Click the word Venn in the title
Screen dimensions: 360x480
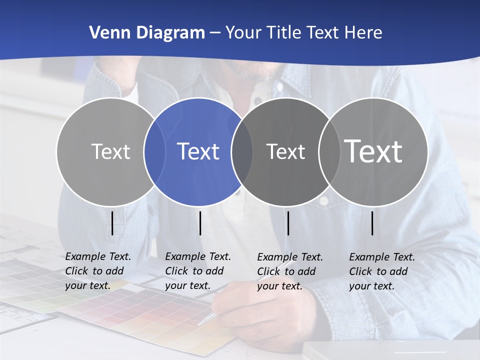pyautogui.click(x=108, y=33)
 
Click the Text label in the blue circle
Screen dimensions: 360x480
pyautogui.click(x=198, y=151)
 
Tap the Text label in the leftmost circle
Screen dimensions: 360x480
pyautogui.click(x=110, y=151)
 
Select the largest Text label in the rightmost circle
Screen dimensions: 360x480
pyautogui.click(x=373, y=151)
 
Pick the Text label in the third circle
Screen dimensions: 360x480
pyautogui.click(x=285, y=151)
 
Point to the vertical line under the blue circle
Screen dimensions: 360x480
pyautogui.click(x=200, y=223)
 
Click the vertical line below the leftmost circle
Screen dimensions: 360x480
pyautogui.click(x=112, y=223)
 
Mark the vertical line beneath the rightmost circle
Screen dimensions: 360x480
pyautogui.click(x=372, y=223)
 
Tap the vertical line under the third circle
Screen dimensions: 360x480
pyautogui.click(x=288, y=223)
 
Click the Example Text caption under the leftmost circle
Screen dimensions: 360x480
pyautogui.click(x=98, y=271)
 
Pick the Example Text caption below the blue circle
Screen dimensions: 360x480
pyautogui.click(x=198, y=271)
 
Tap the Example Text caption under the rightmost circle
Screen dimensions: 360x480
pyautogui.click(x=382, y=271)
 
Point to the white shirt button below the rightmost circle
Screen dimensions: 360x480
pyautogui.click(x=324, y=200)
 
